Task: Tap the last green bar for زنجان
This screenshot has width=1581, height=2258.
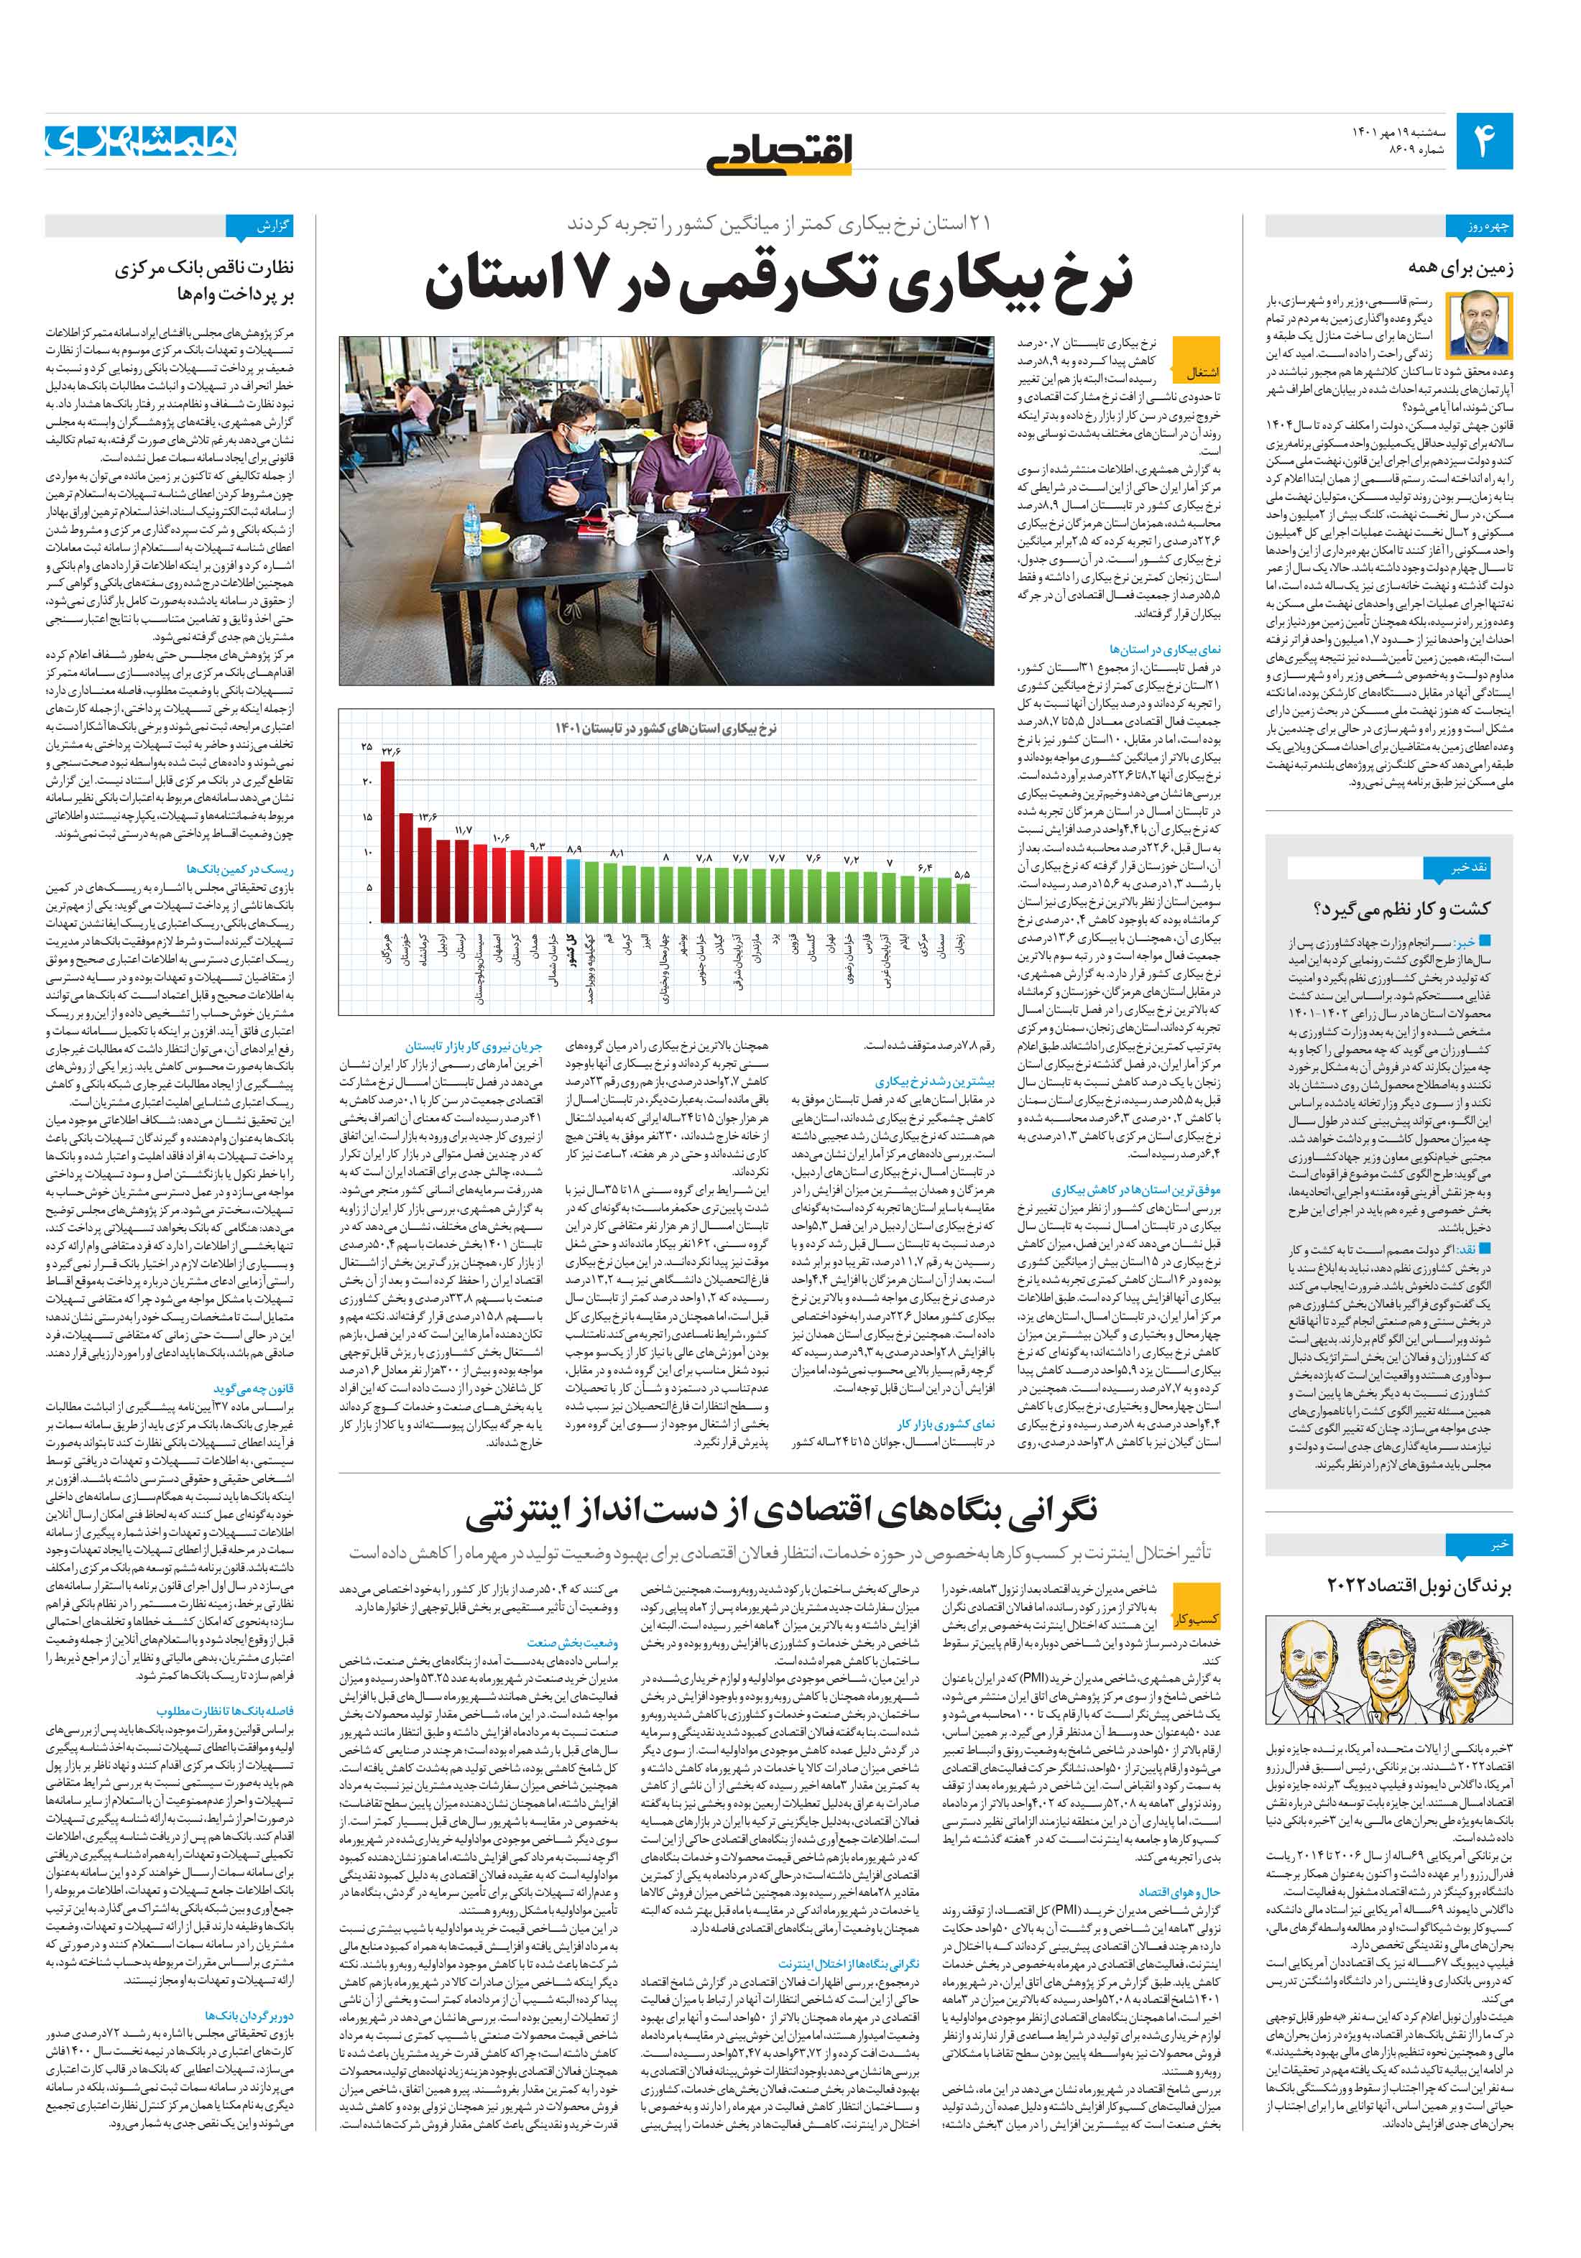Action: pos(962,901)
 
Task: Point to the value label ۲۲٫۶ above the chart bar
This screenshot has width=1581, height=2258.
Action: pos(392,751)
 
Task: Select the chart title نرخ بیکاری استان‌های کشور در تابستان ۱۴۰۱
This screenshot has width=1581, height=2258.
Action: pos(665,728)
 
